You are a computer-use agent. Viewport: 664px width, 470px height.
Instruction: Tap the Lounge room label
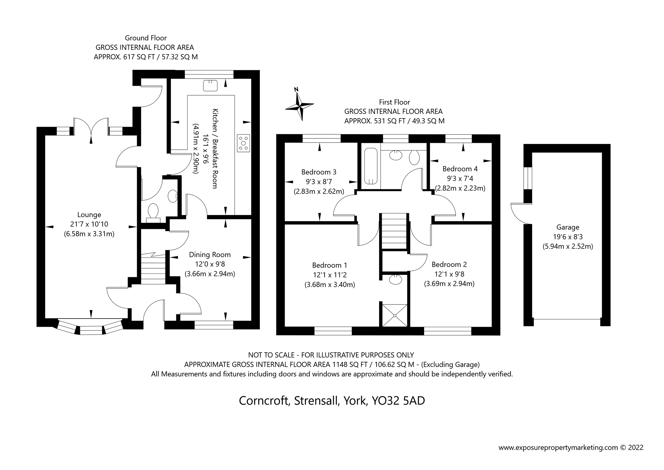point(89,215)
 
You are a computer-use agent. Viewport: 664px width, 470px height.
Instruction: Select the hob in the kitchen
point(243,143)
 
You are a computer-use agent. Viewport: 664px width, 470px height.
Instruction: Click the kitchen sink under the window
point(210,86)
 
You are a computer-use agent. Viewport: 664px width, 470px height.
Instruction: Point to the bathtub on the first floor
point(371,166)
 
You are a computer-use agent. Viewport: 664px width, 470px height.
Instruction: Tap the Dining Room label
point(210,255)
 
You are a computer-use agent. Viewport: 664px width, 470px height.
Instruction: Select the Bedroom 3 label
point(319,172)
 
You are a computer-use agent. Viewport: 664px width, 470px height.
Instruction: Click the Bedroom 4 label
point(460,169)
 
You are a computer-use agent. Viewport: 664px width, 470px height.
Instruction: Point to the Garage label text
point(568,228)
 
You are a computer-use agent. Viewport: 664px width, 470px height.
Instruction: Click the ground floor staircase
point(153,268)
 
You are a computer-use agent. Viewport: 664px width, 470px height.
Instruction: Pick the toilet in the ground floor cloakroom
point(153,213)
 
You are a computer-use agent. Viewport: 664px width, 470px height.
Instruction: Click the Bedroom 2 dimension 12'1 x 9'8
point(449,274)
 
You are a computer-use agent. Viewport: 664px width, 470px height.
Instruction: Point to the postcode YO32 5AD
point(398,401)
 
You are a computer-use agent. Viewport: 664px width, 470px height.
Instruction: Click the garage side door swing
point(521,214)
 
